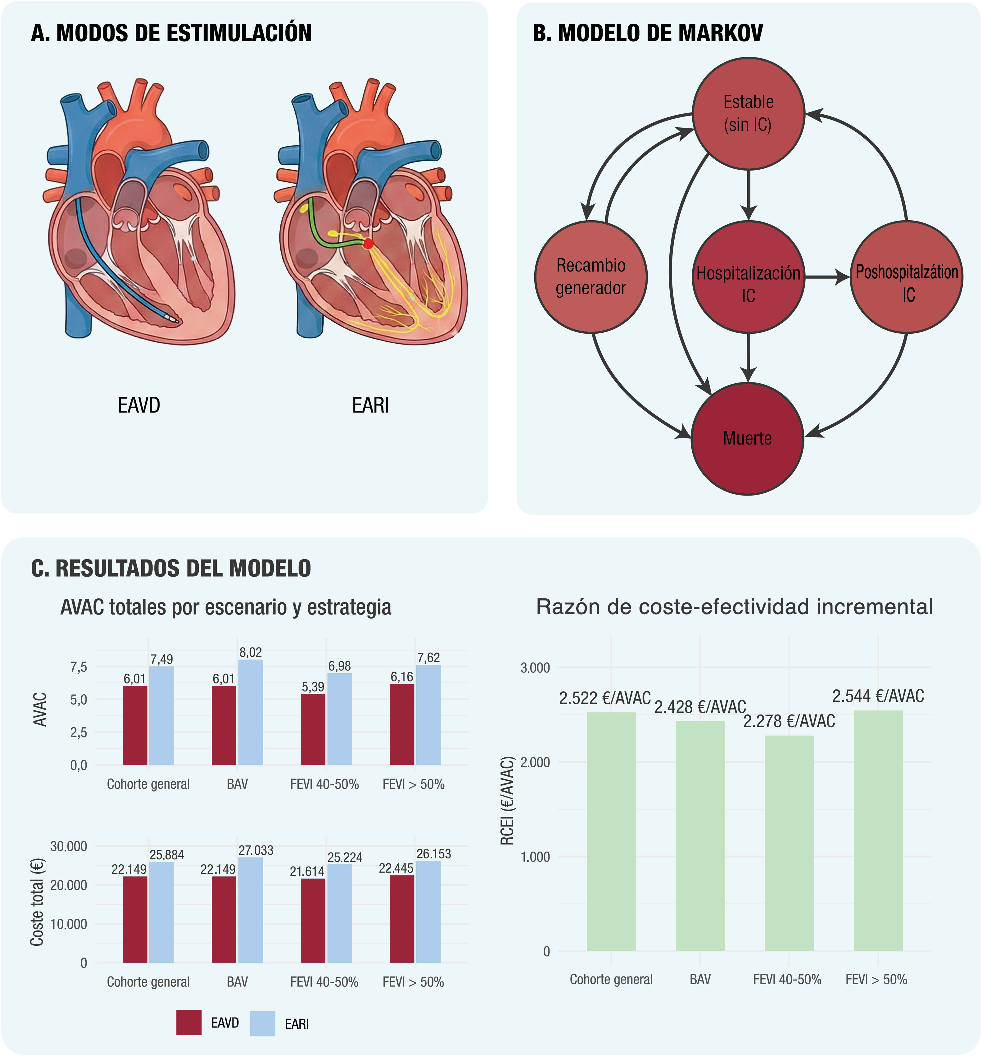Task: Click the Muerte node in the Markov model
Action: pos(747,439)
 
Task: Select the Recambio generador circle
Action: pos(591,277)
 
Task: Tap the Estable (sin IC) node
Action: pos(749,113)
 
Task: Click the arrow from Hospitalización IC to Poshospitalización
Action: pos(827,277)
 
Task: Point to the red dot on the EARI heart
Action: pos(368,244)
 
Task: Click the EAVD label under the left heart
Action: pos(138,405)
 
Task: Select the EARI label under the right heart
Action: pos(370,405)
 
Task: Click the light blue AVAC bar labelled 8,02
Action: pos(251,712)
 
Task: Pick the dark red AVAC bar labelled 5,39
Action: pos(313,729)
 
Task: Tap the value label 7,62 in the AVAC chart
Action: pos(428,658)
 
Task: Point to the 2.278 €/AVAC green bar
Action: pos(789,845)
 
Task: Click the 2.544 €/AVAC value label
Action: pos(878,696)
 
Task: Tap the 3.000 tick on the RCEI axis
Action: pos(535,668)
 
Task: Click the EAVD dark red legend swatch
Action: pos(189,1022)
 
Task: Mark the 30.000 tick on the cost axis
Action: pos(69,846)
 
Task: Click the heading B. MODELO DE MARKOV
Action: pos(648,33)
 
